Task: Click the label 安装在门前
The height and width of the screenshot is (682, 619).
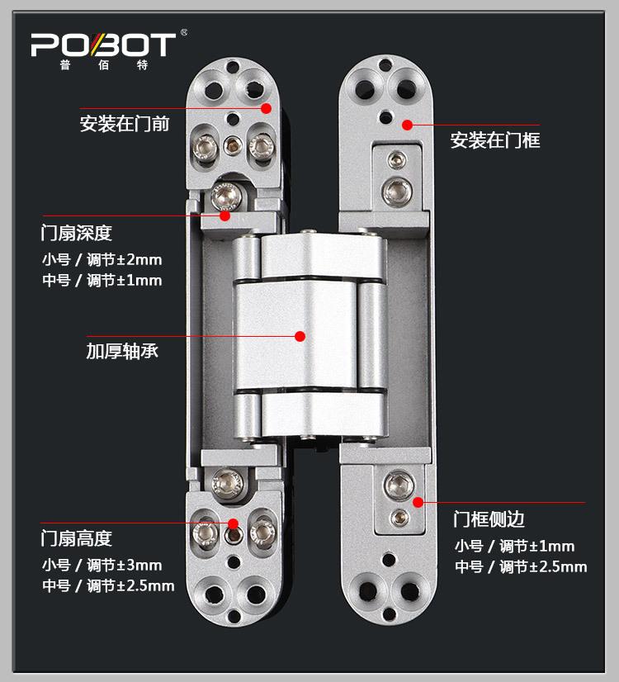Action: tap(125, 125)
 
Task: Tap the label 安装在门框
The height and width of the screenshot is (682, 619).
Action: tap(495, 140)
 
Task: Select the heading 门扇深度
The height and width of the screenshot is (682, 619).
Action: tap(76, 233)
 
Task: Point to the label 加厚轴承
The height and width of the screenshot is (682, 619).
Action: tap(122, 351)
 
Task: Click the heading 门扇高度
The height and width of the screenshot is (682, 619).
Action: tap(76, 539)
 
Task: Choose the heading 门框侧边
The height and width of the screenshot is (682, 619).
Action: tap(489, 519)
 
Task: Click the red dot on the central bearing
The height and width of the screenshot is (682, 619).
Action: tap(300, 336)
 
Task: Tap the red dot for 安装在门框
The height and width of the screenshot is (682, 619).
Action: tap(406, 125)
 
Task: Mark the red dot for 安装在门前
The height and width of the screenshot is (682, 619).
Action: tap(267, 108)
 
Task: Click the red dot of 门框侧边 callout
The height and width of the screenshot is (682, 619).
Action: tap(418, 502)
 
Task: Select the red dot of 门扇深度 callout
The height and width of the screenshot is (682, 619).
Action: tap(224, 215)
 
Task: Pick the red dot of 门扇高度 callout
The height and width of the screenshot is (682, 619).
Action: tap(234, 523)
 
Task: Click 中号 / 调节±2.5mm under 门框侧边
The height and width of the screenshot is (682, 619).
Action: tap(521, 566)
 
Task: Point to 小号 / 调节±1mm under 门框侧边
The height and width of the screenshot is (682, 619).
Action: tap(514, 546)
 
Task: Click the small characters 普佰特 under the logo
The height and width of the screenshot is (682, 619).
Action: tap(102, 66)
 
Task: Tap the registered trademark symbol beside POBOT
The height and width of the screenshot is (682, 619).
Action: tap(183, 33)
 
